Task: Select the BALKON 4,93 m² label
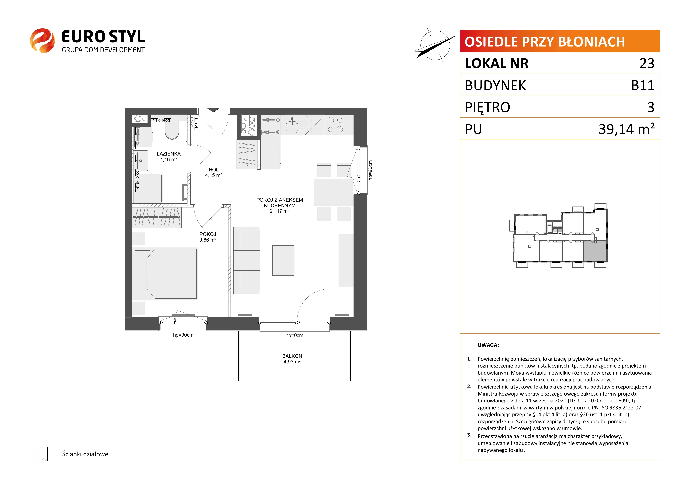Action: point(292,359)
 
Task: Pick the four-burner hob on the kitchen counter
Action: point(335,125)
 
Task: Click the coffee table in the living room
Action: point(283,260)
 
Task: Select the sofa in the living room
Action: point(246,260)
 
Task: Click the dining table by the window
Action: point(333,192)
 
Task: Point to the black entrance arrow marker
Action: point(213,110)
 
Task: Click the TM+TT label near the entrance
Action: point(196,124)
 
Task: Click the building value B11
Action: point(643,85)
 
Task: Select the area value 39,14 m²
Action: point(627,129)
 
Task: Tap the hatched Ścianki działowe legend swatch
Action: point(39,454)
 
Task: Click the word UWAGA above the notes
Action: point(488,345)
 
